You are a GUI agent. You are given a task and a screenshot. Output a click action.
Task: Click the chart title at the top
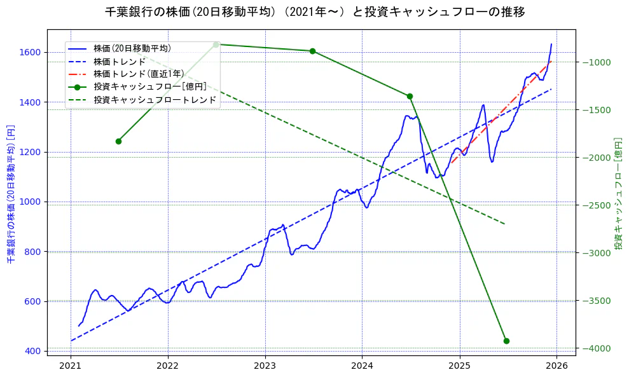tap(315, 11)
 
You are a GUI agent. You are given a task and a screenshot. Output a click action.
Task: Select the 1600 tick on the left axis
tap(31, 52)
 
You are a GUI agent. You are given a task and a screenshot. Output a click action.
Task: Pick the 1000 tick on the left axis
tap(31, 202)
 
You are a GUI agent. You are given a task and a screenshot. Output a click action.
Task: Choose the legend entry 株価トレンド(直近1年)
tap(139, 74)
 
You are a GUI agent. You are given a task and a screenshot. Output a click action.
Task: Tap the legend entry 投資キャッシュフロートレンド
tap(155, 100)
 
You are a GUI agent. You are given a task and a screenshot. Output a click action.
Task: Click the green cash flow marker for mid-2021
tap(118, 141)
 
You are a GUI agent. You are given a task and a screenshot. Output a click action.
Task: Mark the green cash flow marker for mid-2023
tap(312, 51)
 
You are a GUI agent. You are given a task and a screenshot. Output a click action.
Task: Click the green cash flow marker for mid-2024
tap(410, 96)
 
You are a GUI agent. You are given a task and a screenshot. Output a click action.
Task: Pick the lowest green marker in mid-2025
tap(506, 341)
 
